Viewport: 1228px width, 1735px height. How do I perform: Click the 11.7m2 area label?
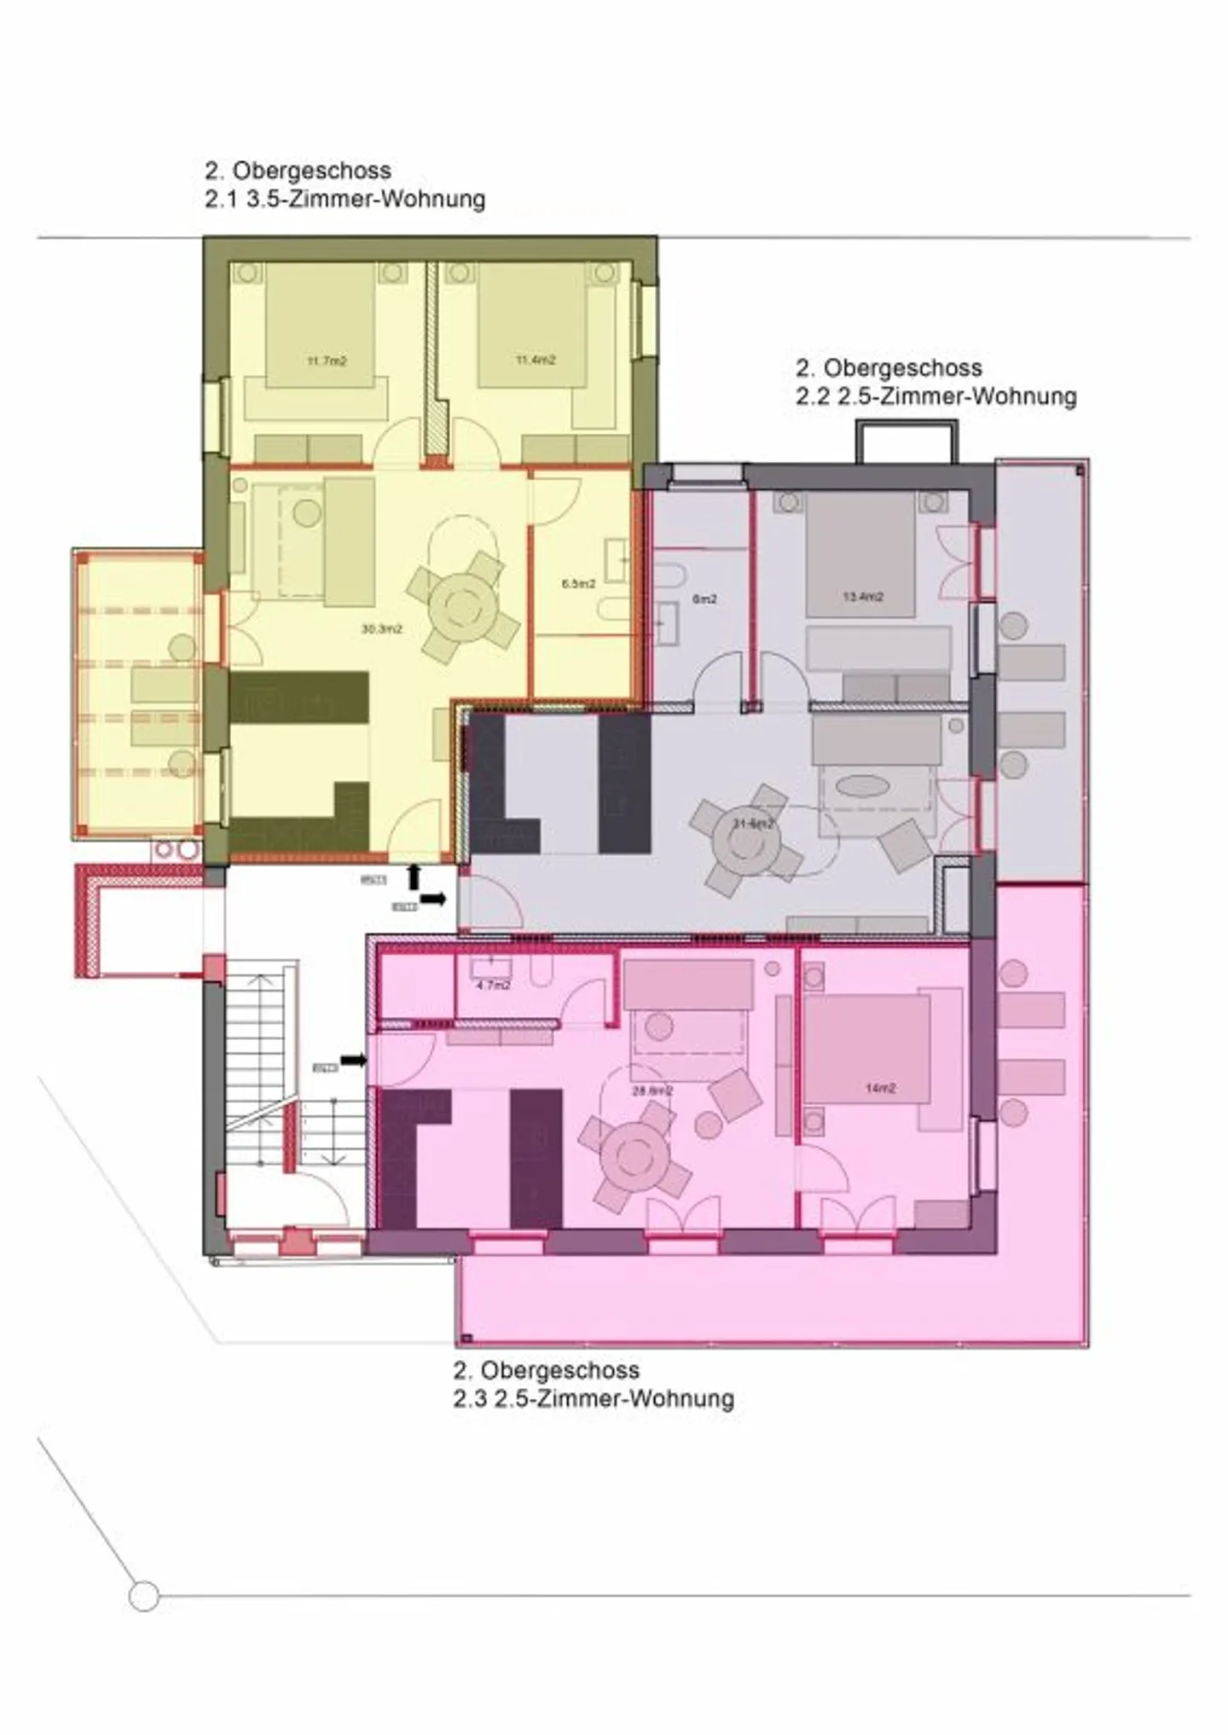(327, 361)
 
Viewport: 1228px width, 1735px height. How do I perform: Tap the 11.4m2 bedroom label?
(535, 360)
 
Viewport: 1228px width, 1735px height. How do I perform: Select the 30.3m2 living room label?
(381, 629)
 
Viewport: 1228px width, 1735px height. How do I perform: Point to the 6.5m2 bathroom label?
(578, 584)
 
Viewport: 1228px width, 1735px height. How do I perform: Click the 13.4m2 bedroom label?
(863, 596)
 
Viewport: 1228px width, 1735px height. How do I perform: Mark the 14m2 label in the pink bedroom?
(880, 1088)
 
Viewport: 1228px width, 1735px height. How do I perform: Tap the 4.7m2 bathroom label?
(493, 985)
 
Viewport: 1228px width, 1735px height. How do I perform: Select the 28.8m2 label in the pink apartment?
(652, 1090)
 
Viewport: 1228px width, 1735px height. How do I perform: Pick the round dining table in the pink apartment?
(633, 1157)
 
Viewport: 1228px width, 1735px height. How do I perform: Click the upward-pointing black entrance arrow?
(414, 876)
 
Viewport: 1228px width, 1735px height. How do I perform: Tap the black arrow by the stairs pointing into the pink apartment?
(353, 1060)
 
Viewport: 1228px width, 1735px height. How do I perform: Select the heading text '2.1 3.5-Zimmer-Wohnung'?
(345, 200)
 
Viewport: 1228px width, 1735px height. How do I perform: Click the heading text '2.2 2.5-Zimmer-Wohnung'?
(935, 396)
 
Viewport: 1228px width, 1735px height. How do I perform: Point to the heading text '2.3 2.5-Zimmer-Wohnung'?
(593, 1398)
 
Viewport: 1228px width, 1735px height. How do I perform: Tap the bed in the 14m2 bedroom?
(866, 1057)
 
